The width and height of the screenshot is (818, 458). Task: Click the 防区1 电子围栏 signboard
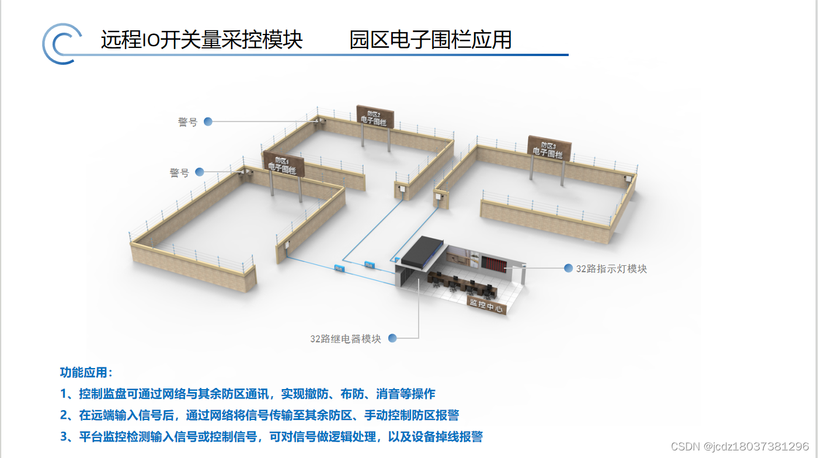tap(280, 164)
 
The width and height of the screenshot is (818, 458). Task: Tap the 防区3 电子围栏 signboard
tap(549, 148)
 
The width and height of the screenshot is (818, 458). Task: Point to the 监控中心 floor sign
tap(486, 306)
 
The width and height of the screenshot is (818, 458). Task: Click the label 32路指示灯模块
tap(611, 269)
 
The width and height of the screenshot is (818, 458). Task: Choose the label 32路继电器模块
tap(346, 339)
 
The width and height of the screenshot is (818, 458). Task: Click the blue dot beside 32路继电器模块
tap(392, 338)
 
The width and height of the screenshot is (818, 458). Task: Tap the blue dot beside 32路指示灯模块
tap(568, 268)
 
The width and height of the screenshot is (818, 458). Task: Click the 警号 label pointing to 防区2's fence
tap(188, 122)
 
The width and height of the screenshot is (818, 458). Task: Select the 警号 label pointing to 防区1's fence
tap(179, 173)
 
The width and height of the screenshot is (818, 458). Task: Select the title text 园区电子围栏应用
tap(430, 40)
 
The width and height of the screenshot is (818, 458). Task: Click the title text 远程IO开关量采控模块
tap(201, 40)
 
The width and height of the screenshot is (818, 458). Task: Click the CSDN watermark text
tap(740, 446)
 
